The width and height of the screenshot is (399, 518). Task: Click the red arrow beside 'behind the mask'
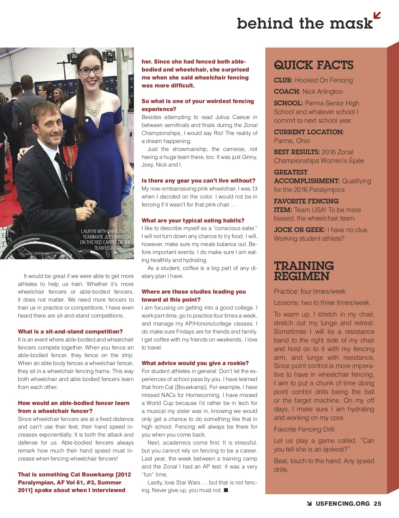pos(377,15)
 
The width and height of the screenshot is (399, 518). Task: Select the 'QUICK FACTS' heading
pos(314,65)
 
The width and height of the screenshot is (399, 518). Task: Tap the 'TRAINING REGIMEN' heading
pos(304,271)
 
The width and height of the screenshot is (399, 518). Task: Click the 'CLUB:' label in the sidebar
pos(283,80)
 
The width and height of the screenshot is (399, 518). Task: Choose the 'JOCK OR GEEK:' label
pos(299,230)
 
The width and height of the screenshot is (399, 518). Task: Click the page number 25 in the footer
pos(377,504)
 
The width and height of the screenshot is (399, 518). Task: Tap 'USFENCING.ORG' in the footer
pos(342,504)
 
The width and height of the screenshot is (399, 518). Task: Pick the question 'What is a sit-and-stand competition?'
pos(70,331)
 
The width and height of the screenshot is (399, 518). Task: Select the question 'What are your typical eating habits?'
pos(193,220)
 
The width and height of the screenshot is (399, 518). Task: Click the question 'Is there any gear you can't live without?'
pos(199,181)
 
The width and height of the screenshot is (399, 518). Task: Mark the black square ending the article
pos(226,490)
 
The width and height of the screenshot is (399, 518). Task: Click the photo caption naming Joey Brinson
pos(106,239)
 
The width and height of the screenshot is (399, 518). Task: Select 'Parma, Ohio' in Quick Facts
pos(292,141)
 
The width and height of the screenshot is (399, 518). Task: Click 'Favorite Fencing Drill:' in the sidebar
pos(305,429)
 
